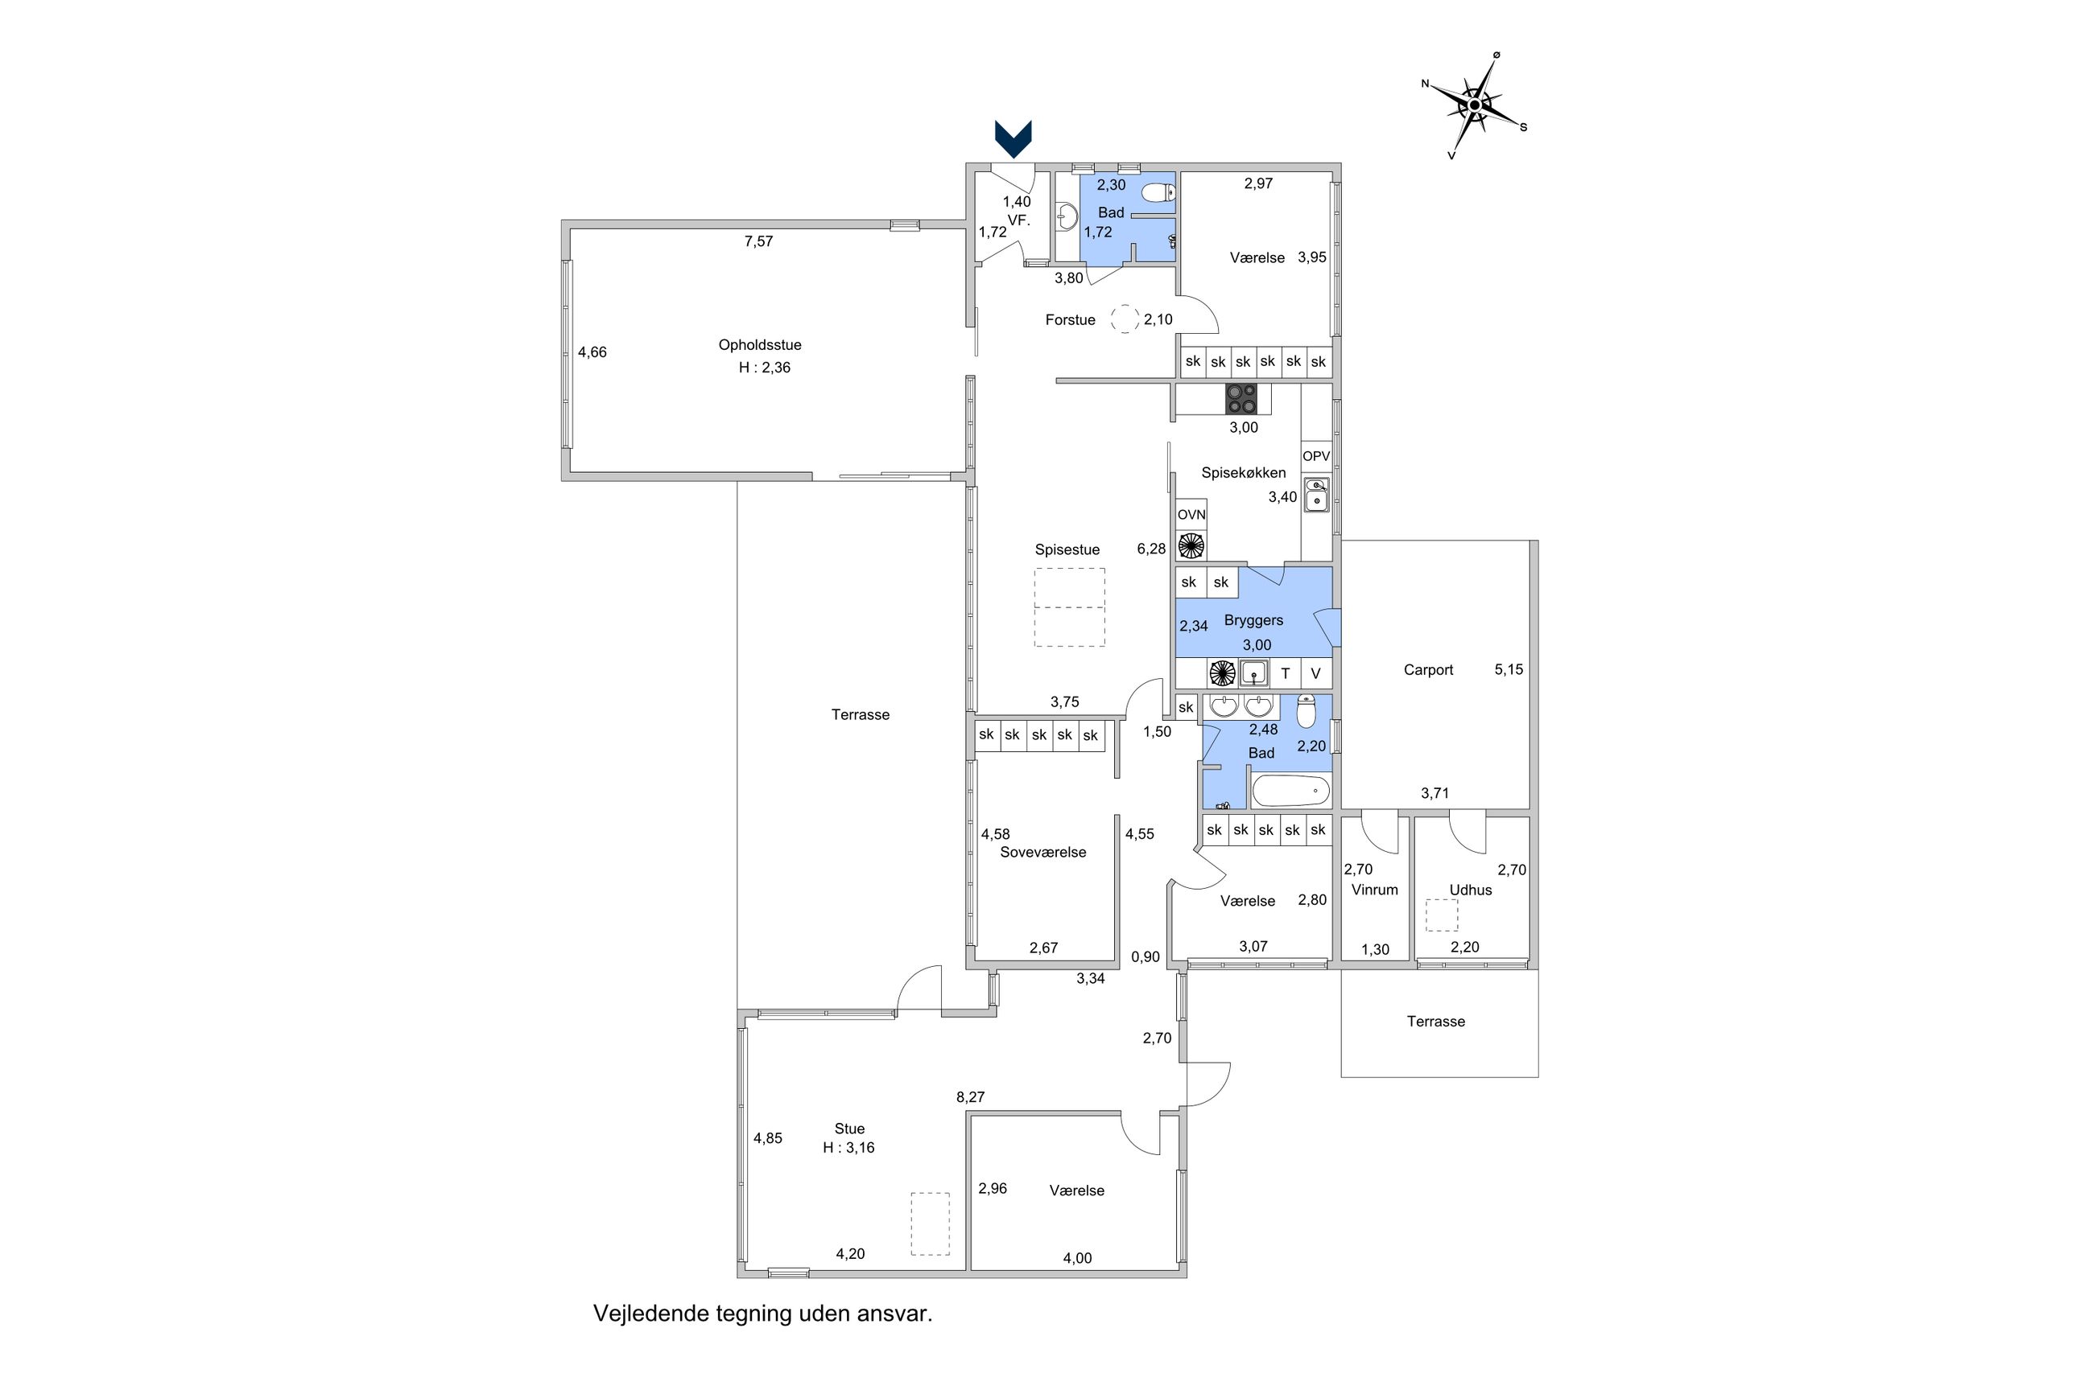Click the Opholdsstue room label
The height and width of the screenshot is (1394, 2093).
tap(760, 345)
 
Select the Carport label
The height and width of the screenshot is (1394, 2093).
tap(1427, 670)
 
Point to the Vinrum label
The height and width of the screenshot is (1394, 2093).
tap(1374, 890)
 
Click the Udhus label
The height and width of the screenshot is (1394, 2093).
tap(1471, 890)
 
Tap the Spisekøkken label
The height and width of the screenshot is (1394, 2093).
tap(1243, 473)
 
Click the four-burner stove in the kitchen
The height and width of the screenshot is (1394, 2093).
tap(1241, 398)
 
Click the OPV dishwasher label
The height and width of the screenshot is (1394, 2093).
tap(1315, 456)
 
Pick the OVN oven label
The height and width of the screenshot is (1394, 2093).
tap(1191, 515)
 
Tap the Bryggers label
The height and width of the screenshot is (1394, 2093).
tap(1253, 620)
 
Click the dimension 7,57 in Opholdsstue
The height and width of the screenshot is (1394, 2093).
tap(759, 241)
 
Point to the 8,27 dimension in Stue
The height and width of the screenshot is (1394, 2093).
tap(971, 1097)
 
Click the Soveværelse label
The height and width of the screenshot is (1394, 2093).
tap(1042, 852)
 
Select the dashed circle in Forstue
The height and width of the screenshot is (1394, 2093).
tap(1125, 319)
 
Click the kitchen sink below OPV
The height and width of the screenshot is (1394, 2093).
tap(1315, 496)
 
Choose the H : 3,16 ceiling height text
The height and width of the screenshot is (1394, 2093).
tap(848, 1148)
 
